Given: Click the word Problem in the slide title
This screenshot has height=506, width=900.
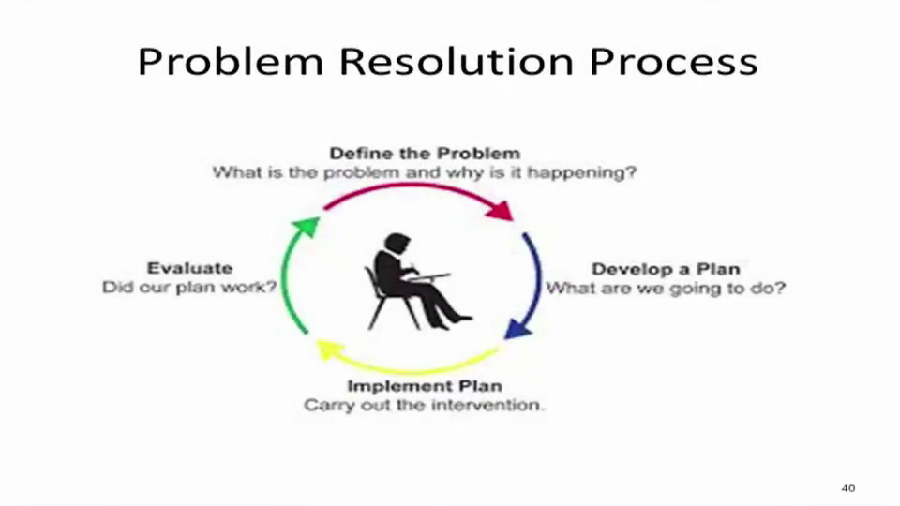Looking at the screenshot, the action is tap(231, 62).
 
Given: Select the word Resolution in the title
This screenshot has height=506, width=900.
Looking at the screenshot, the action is tap(457, 62).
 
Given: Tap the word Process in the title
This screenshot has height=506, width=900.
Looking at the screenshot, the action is tap(673, 62).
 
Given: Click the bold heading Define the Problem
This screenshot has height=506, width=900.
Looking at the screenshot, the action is tap(425, 153).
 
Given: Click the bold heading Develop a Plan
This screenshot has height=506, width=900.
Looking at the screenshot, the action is tap(666, 269).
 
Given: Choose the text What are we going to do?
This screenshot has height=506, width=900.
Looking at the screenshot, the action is tap(666, 288).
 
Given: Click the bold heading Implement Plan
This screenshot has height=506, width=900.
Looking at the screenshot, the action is tap(425, 385).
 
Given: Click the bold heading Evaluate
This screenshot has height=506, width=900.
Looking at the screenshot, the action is tap(190, 268).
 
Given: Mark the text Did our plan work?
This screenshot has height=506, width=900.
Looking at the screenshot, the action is tap(189, 287).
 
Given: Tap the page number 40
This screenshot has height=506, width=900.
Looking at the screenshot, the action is tap(847, 488).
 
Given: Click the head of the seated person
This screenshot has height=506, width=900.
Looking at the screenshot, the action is tap(397, 243).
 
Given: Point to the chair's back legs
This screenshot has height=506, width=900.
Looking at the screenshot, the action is tap(376, 313).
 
